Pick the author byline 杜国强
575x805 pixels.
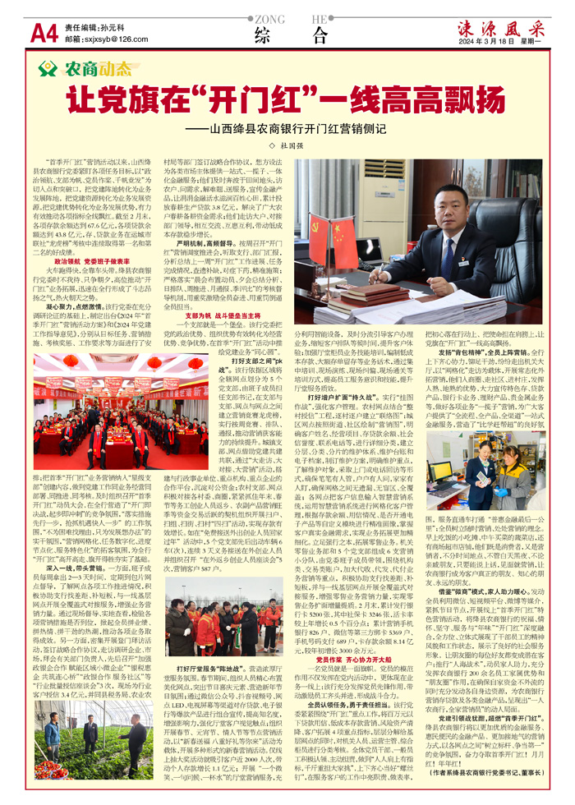point(294,145)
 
